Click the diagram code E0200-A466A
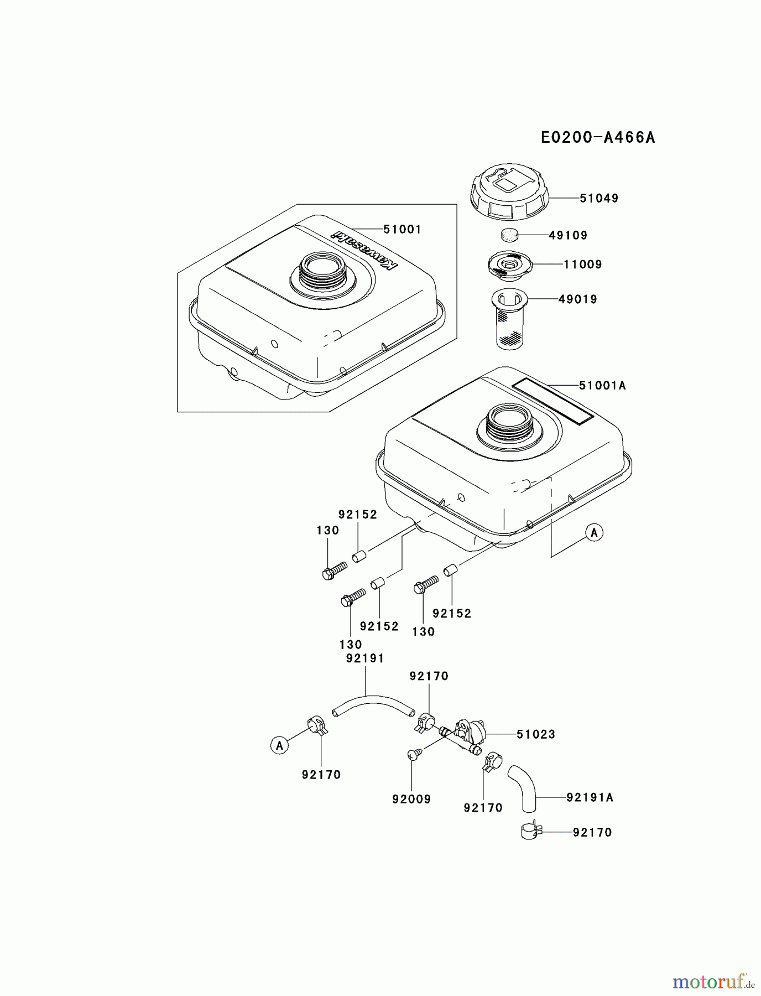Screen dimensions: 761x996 click(598, 137)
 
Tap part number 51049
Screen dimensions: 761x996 click(599, 198)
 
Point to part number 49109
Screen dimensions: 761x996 click(568, 235)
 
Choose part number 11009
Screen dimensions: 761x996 click(583, 264)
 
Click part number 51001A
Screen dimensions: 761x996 click(602, 385)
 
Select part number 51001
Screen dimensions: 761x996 click(402, 229)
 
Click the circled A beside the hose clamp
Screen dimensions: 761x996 click(279, 745)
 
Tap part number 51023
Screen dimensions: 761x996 click(536, 734)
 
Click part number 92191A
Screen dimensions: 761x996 click(590, 797)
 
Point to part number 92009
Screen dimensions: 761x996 click(411, 799)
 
